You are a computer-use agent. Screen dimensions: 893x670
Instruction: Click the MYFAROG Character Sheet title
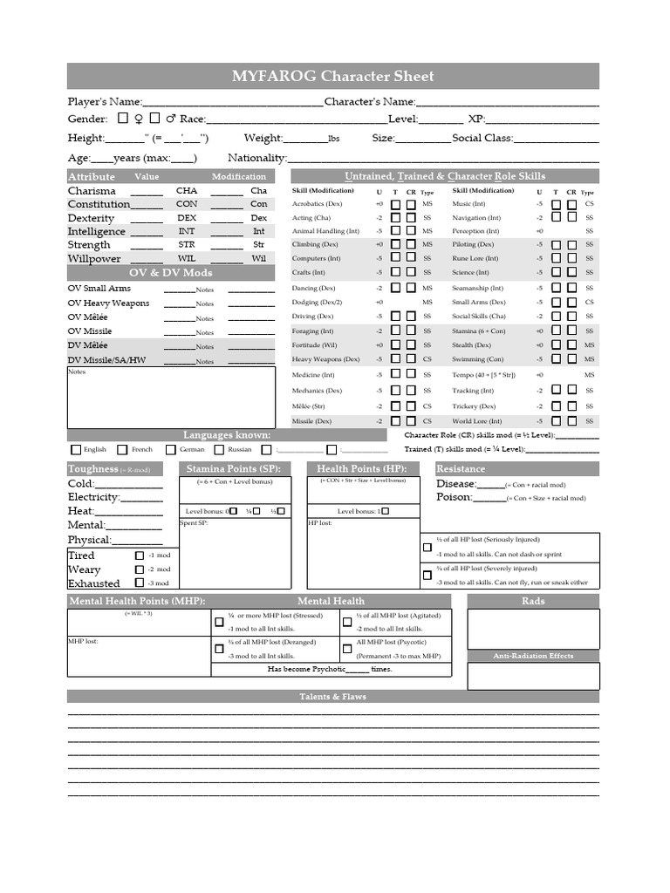click(x=332, y=76)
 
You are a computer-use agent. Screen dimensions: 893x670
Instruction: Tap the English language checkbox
click(x=76, y=450)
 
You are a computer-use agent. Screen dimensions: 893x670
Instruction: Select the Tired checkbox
click(x=140, y=556)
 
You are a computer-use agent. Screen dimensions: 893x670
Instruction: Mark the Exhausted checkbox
click(x=140, y=583)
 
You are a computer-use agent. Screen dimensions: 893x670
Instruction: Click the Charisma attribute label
click(x=92, y=190)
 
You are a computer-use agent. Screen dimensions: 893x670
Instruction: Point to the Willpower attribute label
click(x=94, y=258)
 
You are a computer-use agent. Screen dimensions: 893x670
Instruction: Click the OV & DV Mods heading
click(x=177, y=272)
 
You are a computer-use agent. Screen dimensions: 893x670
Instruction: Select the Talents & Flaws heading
click(x=332, y=696)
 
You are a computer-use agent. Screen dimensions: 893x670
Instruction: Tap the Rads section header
click(x=533, y=601)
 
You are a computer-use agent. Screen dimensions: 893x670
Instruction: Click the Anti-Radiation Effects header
click(x=533, y=656)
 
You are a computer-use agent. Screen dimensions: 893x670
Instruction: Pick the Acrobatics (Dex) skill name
click(x=317, y=203)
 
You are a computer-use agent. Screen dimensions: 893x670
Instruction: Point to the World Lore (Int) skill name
click(x=476, y=420)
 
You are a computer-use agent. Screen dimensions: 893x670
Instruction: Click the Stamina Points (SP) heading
click(x=233, y=469)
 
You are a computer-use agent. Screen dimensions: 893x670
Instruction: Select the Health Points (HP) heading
click(x=362, y=469)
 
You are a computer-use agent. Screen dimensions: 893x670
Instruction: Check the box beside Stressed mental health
click(x=219, y=622)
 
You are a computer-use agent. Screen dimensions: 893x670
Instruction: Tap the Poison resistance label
click(x=455, y=497)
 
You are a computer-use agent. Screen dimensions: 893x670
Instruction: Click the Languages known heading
click(x=227, y=434)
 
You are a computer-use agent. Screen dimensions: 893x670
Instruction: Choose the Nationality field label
click(x=256, y=158)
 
